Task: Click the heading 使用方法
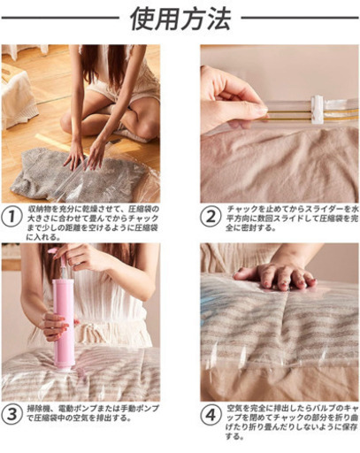pos(180,19)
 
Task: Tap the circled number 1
pos(11,217)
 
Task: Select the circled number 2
pos(211,217)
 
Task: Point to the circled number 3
pos(11,413)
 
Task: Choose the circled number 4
pos(211,416)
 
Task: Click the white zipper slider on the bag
pos(318,109)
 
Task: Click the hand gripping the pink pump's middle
pos(55,326)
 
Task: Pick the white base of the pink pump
pos(64,369)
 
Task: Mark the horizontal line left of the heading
pos(60,18)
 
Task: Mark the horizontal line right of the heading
pos(300,18)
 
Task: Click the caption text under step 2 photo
pos(292,219)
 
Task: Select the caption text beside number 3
pos(93,413)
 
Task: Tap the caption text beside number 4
pos(292,422)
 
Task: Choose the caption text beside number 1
pos(93,223)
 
